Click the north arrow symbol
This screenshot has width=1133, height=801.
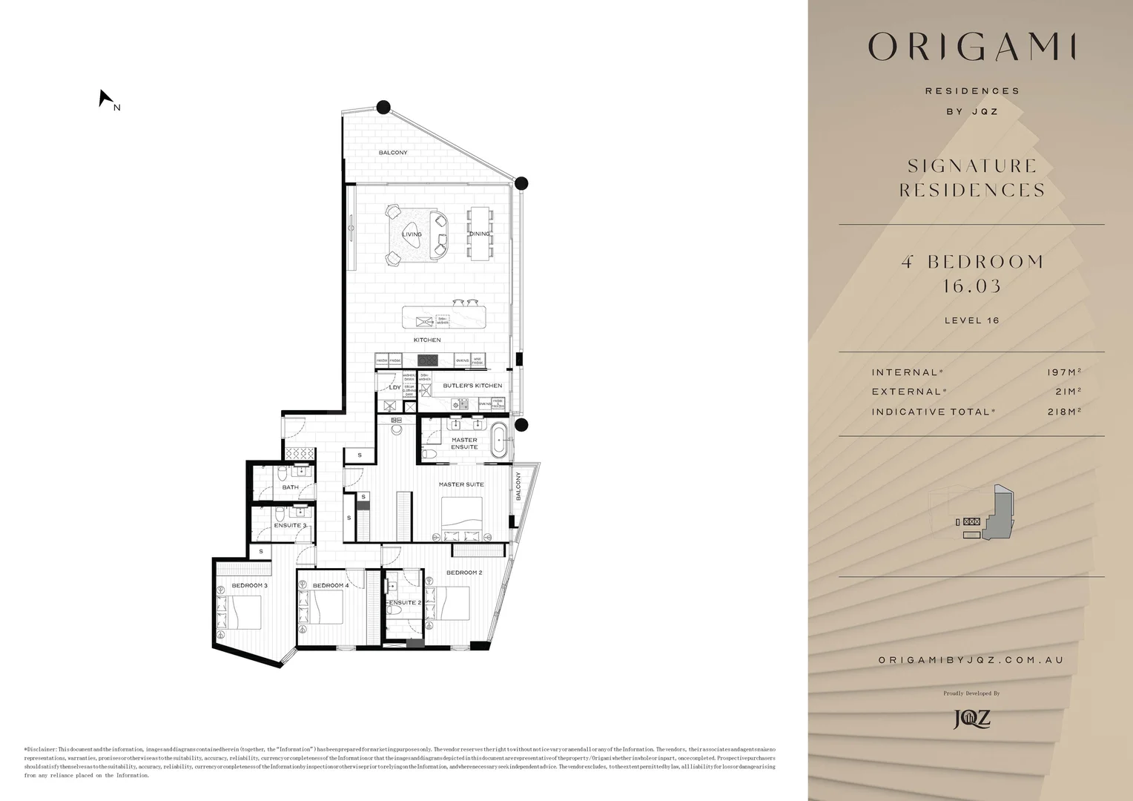tap(105, 99)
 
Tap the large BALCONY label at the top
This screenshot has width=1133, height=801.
tap(393, 153)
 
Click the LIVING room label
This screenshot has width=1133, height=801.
tap(412, 234)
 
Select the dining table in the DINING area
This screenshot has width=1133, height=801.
tap(479, 234)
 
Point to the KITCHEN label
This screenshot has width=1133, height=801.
tap(427, 340)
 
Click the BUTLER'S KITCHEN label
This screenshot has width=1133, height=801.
tap(472, 386)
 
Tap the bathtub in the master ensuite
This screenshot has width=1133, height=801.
tap(501, 442)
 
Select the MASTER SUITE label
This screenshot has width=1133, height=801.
tap(460, 484)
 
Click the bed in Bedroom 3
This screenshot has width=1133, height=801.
tap(244, 613)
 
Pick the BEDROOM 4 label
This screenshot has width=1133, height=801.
tap(330, 585)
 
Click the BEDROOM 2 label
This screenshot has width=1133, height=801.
tap(464, 573)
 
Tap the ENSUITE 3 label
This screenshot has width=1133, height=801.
tap(290, 525)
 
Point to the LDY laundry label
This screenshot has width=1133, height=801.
tap(394, 387)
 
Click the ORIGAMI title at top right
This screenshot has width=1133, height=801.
tap(971, 47)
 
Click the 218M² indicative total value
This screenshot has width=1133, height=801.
tap(1064, 412)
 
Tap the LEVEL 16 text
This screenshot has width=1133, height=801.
tap(971, 320)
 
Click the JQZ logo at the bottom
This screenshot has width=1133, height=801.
tap(971, 718)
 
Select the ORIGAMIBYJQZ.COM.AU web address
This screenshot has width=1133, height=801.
tap(971, 660)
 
